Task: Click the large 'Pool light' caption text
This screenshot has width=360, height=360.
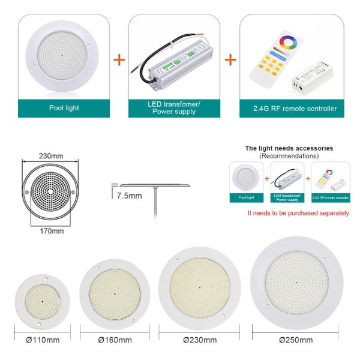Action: point(64,108)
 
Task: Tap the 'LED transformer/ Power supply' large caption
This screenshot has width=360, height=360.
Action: point(174,108)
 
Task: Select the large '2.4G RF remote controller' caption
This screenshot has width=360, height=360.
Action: point(295,109)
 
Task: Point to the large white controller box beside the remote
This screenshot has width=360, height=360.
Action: point(312,77)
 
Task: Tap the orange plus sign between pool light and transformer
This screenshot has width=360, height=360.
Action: point(119,59)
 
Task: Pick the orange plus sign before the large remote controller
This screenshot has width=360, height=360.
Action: point(230,59)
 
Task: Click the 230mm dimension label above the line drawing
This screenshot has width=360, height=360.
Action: point(51,156)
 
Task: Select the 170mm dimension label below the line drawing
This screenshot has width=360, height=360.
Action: point(52,231)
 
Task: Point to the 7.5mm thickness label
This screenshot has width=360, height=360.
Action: point(129,196)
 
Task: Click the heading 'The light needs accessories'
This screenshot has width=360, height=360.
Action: point(289,148)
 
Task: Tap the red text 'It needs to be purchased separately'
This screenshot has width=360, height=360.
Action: point(298,213)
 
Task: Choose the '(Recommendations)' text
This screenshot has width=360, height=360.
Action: point(289,156)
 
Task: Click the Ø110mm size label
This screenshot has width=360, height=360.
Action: point(43,340)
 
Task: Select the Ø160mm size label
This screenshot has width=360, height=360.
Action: point(115,340)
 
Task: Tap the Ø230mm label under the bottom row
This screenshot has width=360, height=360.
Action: point(200,340)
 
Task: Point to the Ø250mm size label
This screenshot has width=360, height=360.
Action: point(296,340)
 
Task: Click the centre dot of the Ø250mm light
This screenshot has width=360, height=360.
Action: point(296,283)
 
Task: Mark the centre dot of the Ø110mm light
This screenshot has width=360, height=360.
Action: point(43,302)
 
